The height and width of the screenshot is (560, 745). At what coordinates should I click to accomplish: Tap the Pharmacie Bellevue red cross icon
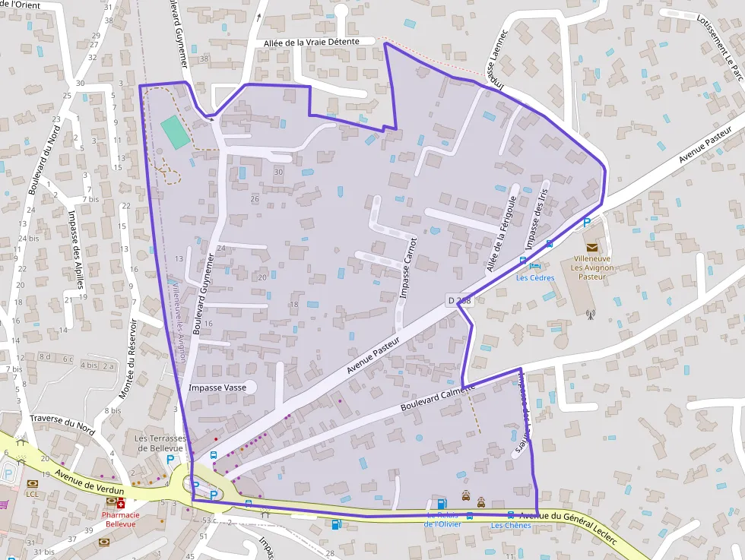(x=120, y=504)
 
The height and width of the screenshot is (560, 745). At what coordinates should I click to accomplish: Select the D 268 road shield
(x=459, y=301)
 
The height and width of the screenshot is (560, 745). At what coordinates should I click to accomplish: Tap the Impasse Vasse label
(x=217, y=388)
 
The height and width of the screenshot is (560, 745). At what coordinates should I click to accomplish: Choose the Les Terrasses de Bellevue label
(x=160, y=444)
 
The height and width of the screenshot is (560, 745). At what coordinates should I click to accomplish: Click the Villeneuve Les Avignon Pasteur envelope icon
(x=591, y=247)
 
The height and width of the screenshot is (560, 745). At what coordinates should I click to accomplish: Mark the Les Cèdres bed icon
(x=535, y=266)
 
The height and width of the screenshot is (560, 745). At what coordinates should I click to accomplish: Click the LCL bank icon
(x=32, y=484)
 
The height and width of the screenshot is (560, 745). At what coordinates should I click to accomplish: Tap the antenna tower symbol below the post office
(x=589, y=313)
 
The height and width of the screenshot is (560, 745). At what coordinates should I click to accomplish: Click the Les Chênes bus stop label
(x=510, y=526)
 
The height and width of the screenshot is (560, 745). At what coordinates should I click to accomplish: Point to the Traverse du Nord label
(x=62, y=424)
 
